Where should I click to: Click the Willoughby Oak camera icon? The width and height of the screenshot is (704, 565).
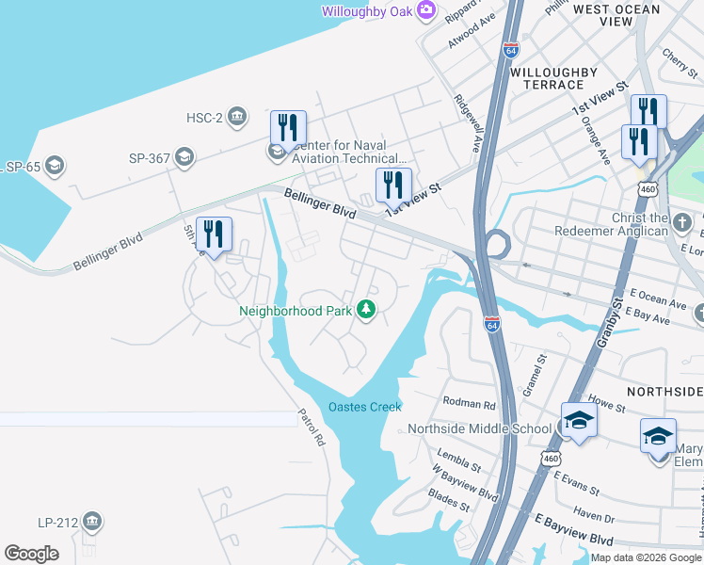pyautogui.click(x=426, y=10)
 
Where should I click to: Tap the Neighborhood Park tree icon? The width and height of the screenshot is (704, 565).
pyautogui.click(x=365, y=309)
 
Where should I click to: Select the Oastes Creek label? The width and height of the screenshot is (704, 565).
pyautogui.click(x=364, y=407)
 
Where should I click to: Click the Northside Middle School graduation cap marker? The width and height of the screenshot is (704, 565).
pyautogui.click(x=578, y=421)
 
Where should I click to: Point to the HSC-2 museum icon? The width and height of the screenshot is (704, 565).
pyautogui.click(x=237, y=117)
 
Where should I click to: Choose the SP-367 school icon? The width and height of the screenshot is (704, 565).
pyautogui.click(x=184, y=157)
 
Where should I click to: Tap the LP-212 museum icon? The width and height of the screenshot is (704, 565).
pyautogui.click(x=92, y=521)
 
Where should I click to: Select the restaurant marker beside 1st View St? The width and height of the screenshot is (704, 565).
pyautogui.click(x=392, y=186)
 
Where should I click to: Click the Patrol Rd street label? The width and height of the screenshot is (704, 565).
pyautogui.click(x=311, y=427)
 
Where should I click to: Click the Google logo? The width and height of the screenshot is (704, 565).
pyautogui.click(x=31, y=554)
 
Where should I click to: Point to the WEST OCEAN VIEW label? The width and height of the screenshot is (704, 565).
pyautogui.click(x=616, y=15)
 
